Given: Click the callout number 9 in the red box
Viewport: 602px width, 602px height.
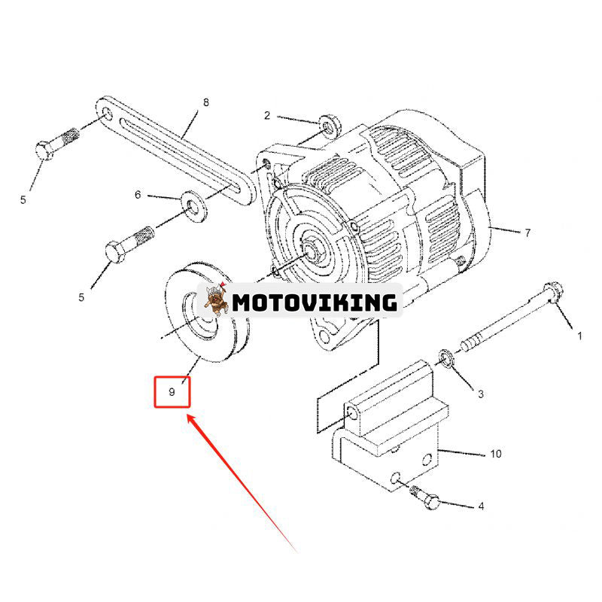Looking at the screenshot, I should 172,392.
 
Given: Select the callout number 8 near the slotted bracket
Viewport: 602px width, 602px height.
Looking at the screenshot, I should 206,102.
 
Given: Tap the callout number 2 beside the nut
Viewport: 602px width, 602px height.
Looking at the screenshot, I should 266,115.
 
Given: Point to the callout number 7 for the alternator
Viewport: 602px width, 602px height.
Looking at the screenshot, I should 528,233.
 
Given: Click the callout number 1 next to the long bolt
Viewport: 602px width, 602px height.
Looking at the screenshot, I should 579,336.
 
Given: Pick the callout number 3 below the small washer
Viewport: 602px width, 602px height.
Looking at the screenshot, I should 481,394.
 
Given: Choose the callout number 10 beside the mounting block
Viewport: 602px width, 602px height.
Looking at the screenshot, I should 495,454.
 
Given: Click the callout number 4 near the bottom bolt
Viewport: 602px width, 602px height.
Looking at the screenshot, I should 481,506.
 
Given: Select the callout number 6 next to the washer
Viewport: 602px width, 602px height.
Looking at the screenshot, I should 138,195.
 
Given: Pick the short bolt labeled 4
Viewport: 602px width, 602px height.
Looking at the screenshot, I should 427,497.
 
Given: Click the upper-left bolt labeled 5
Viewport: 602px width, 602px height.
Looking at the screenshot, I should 56,144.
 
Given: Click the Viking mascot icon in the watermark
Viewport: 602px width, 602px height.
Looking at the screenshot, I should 217,302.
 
